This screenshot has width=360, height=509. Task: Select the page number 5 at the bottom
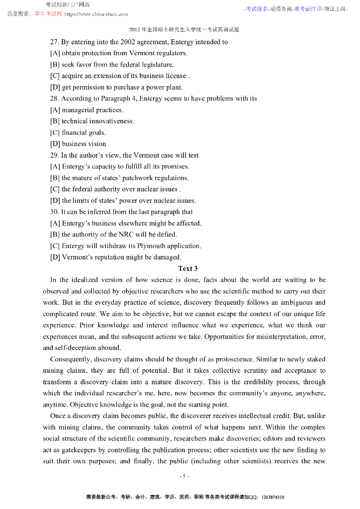click(183, 476)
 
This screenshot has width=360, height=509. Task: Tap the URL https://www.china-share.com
click(96, 14)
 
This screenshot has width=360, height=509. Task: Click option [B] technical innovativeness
click(92, 121)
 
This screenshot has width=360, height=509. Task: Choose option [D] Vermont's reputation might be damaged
click(115, 257)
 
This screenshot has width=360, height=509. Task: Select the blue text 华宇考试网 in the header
click(48, 14)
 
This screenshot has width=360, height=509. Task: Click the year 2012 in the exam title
click(134, 30)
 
